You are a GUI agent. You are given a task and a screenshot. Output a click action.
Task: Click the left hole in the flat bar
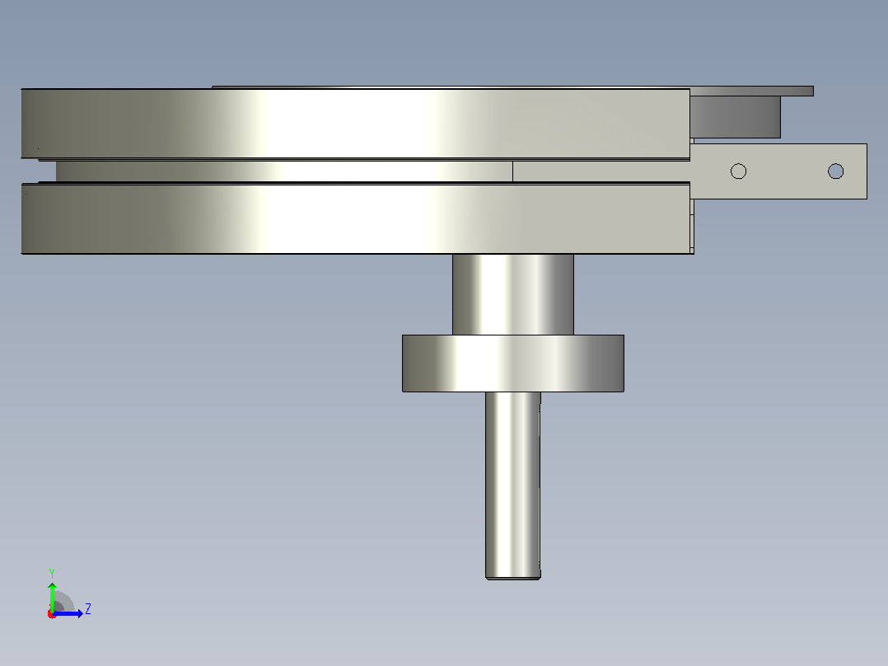pos(738,171)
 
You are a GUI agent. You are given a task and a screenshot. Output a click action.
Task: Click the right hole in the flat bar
pos(835,171)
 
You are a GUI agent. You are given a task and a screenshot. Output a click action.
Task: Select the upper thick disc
pos(356,124)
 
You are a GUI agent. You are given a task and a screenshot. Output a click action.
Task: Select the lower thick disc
pos(357,218)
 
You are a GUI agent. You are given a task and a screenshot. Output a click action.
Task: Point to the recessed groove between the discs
pos(283,171)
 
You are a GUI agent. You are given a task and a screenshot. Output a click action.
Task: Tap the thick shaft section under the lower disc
pos(512,294)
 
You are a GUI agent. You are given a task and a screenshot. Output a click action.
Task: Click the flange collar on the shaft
pos(513,363)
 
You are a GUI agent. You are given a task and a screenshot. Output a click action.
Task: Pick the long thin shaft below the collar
pos(512,485)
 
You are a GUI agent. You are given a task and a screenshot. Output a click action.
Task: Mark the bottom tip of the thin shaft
pos(512,579)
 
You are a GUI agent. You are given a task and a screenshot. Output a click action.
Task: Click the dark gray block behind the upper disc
pos(735,117)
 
